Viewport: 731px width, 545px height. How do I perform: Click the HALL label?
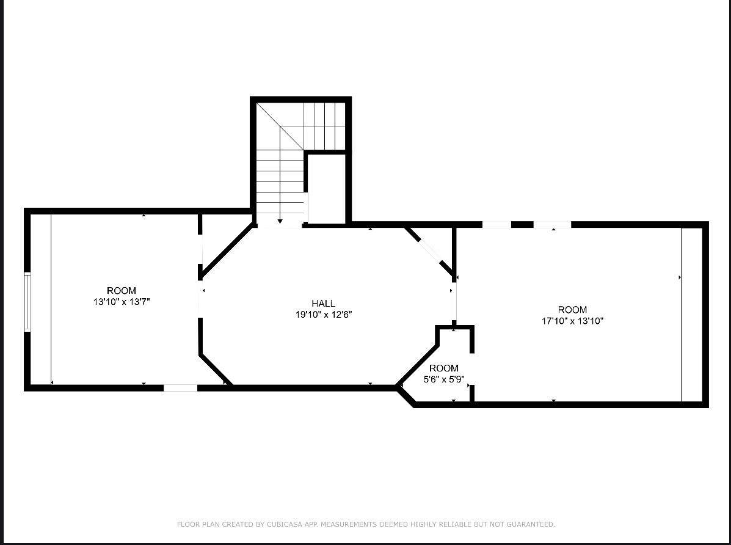tap(323, 304)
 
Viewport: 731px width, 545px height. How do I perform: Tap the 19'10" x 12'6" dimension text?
tap(323, 315)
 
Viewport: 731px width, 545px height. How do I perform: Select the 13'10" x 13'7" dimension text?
tap(122, 302)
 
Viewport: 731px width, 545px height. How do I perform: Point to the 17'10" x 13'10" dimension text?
tap(572, 321)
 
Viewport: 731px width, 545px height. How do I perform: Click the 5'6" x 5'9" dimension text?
tap(444, 379)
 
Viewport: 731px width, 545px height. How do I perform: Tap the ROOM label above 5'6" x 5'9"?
tap(444, 368)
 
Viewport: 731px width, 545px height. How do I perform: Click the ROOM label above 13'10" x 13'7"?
tap(122, 291)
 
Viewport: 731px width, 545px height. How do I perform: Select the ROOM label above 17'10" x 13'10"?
tap(572, 310)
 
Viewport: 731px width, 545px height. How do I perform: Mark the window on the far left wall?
tap(27, 302)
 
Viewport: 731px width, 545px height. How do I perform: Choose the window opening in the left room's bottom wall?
tap(180, 387)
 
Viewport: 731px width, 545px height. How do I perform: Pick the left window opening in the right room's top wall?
tap(496, 225)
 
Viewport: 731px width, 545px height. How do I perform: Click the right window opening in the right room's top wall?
tap(551, 225)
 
